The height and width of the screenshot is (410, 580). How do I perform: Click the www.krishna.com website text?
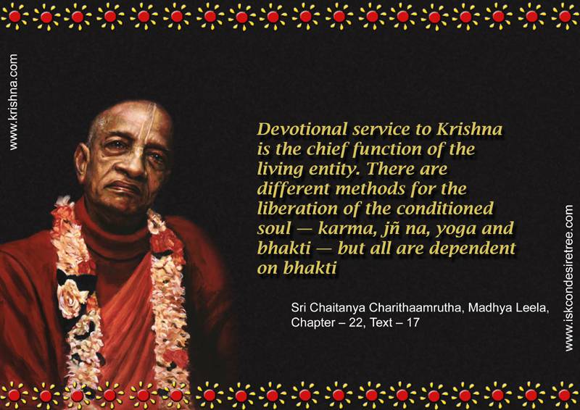(x=13, y=102)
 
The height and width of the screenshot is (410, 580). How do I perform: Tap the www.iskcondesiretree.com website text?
(x=569, y=278)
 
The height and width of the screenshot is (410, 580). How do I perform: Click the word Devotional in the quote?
(x=302, y=130)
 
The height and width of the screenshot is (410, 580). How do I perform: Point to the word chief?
(x=328, y=149)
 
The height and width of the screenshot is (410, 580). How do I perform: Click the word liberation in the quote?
(x=298, y=209)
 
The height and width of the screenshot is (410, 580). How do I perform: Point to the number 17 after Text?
(x=413, y=322)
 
